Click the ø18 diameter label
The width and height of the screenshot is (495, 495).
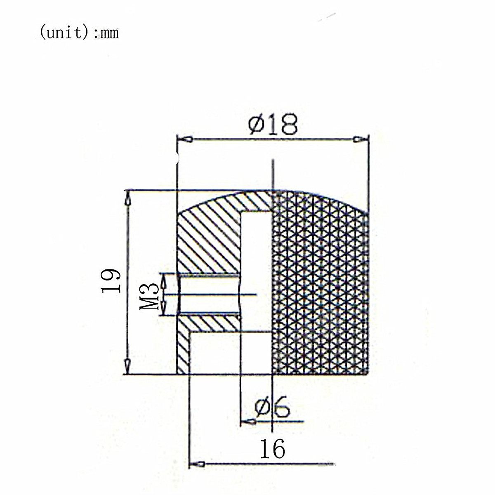click(x=273, y=125)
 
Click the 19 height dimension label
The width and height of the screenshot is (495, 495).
click(x=111, y=281)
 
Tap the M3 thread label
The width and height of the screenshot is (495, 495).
click(x=149, y=296)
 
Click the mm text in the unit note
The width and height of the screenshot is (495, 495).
click(x=110, y=34)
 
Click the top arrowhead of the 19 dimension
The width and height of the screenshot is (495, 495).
click(x=127, y=198)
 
